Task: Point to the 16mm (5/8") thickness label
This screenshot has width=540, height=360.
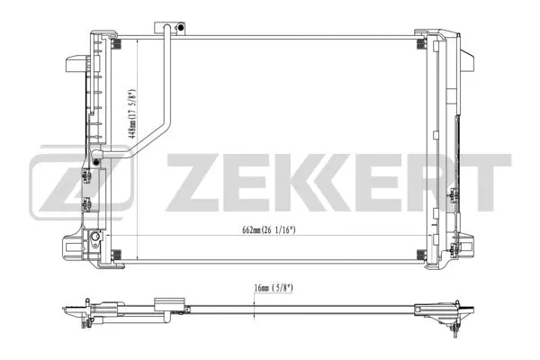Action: (270, 289)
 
